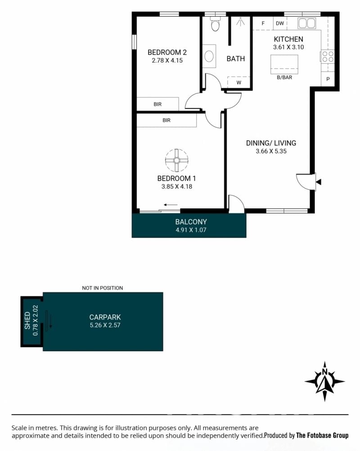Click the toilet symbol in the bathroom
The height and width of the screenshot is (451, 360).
[215, 23]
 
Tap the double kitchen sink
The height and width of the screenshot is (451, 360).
[307, 23]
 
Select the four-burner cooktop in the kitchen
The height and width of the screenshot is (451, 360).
[328, 56]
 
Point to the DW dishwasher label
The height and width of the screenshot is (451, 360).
[280, 23]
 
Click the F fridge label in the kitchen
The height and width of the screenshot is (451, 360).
[263, 23]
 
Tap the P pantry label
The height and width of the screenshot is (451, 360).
[328, 79]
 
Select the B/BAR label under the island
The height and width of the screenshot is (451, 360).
[284, 77]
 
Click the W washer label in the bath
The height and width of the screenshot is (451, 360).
[239, 83]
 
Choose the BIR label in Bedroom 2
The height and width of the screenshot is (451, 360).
[157, 104]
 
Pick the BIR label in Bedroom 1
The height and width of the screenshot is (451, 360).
[166, 121]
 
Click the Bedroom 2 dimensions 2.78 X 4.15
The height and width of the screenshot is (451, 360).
[167, 61]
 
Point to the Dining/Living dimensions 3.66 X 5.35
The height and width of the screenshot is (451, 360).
[271, 151]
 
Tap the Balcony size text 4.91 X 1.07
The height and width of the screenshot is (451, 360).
[191, 230]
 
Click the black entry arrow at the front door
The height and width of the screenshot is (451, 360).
[319, 182]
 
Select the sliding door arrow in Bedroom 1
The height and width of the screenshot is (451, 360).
[171, 205]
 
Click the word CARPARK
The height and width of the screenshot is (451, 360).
[105, 317]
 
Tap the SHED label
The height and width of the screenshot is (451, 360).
[27, 321]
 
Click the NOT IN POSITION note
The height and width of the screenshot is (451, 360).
[102, 288]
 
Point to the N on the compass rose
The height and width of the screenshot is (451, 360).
[324, 372]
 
